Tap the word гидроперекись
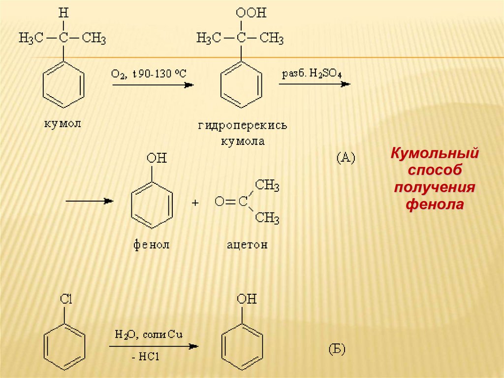click(x=243, y=126)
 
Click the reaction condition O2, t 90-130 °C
click(x=149, y=74)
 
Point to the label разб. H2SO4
click(x=312, y=74)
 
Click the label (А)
click(x=346, y=157)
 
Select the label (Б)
click(x=337, y=349)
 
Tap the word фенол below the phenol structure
click(x=151, y=244)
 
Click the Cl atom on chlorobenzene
click(x=65, y=299)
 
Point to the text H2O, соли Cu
click(x=149, y=335)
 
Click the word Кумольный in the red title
click(x=435, y=153)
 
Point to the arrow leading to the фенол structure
click(x=90, y=201)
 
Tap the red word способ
click(x=435, y=170)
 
